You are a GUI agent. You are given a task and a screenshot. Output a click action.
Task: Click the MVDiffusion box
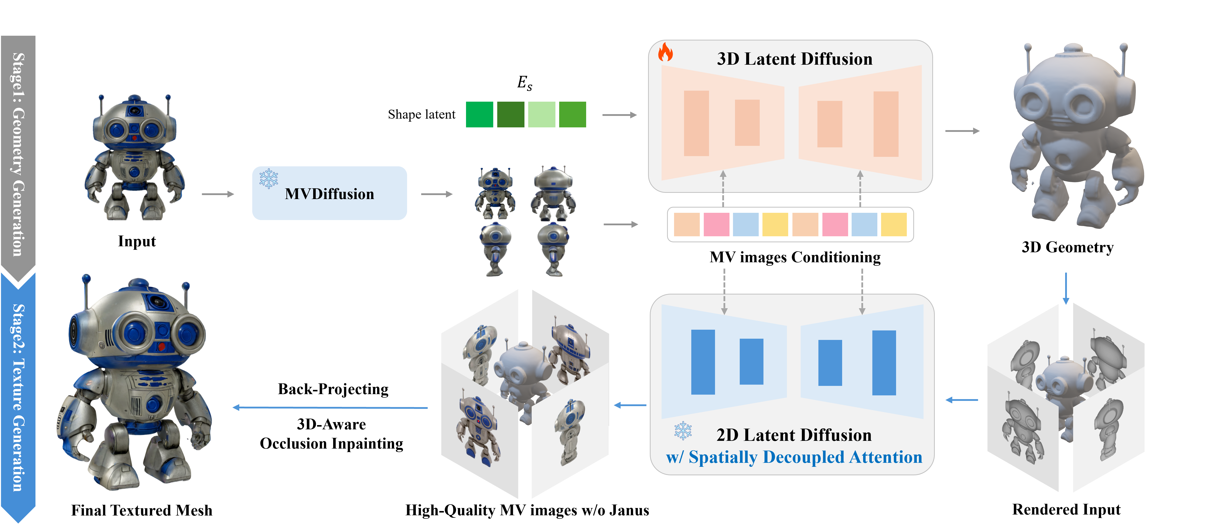[329, 193]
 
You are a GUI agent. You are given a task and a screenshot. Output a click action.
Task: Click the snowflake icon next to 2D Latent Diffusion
[683, 431]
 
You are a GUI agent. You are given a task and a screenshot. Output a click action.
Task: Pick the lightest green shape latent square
[542, 114]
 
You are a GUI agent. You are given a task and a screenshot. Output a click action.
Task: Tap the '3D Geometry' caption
[1067, 247]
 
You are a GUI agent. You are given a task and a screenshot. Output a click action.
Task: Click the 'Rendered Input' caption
[1066, 509]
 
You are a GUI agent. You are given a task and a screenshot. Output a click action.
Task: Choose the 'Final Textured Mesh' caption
[142, 510]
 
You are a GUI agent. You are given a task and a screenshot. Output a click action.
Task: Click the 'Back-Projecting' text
[333, 389]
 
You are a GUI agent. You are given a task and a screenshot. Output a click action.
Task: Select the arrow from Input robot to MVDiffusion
[218, 194]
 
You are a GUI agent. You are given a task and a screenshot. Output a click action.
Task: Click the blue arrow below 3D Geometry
[1066, 288]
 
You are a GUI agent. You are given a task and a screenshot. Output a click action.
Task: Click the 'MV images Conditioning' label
[795, 257]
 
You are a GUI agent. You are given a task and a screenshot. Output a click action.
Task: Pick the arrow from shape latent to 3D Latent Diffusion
[619, 115]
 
